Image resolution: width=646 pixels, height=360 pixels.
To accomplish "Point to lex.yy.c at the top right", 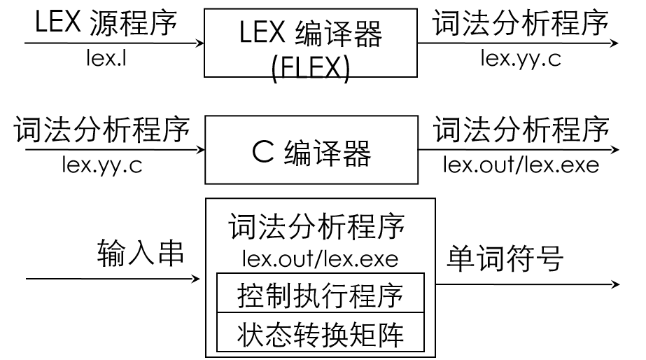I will pos(520,58).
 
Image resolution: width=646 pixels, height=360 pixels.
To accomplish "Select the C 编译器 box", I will pos(311,150).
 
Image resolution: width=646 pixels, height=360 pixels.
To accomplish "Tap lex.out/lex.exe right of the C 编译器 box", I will pos(521,165).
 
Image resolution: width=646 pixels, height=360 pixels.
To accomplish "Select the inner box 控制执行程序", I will pos(321,295).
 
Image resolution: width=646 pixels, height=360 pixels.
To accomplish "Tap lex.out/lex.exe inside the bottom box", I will pos(320,258).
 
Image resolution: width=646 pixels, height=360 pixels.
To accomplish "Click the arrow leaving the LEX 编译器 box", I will pos(518,43).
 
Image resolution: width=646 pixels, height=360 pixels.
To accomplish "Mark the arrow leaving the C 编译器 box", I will pos(518,150).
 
